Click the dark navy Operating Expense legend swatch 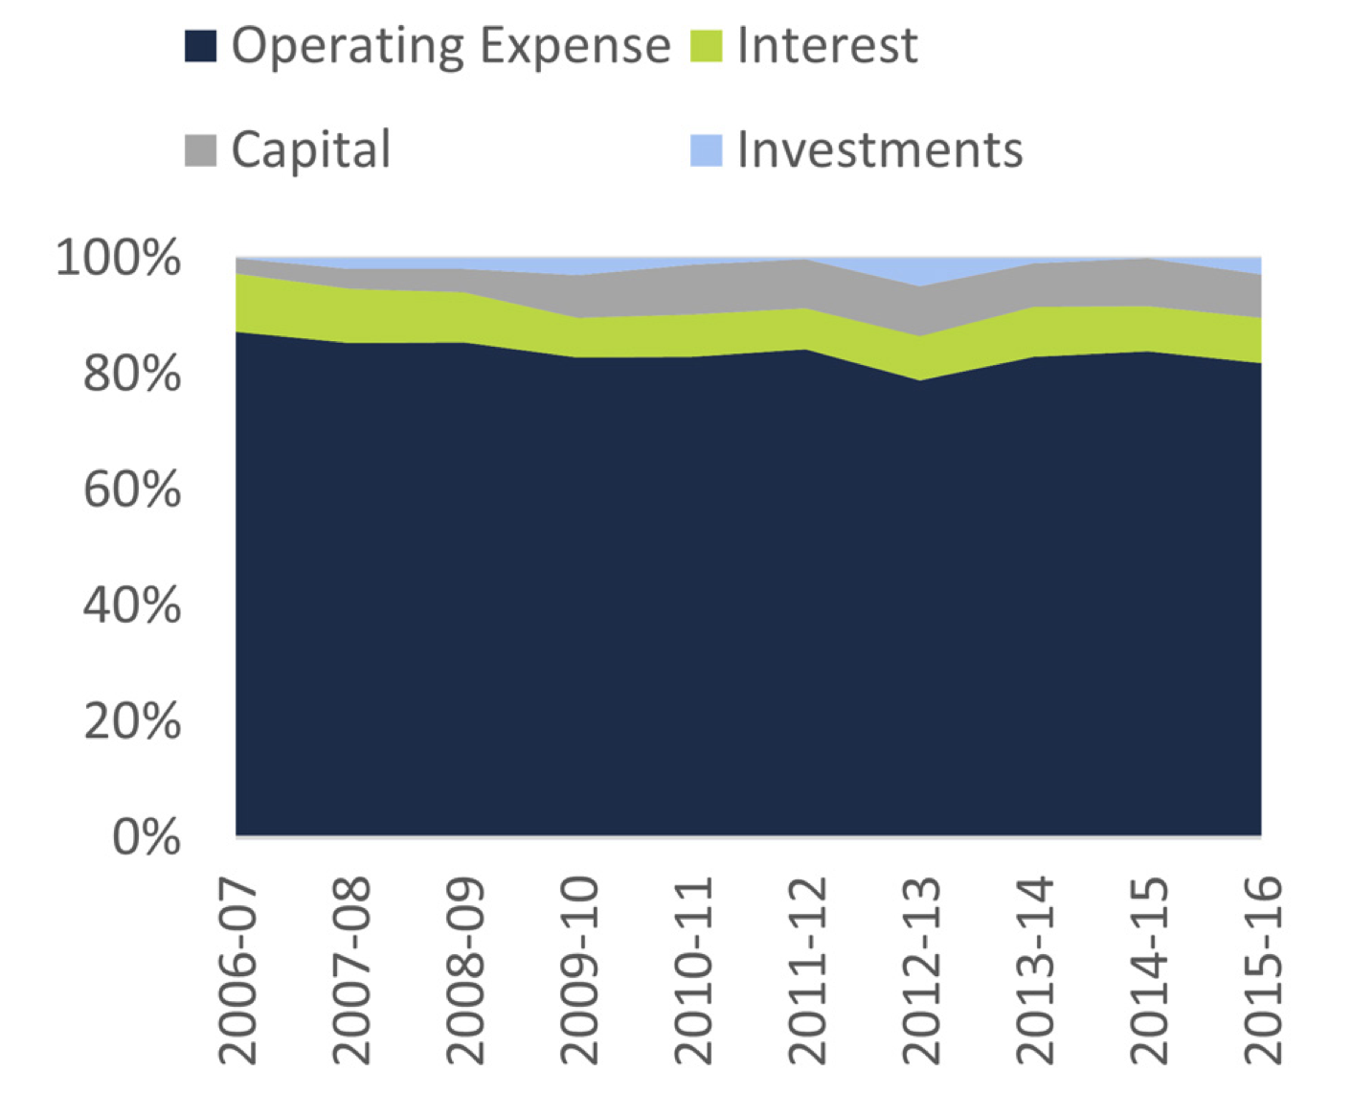click(x=200, y=46)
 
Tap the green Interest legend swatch click(x=706, y=46)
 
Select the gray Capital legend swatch click(x=200, y=150)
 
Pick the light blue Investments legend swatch click(x=706, y=150)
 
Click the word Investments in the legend click(x=879, y=150)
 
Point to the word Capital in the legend click(x=311, y=150)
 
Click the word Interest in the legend click(x=827, y=46)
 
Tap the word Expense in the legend click(x=575, y=46)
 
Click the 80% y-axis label click(x=132, y=375)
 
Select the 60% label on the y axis click(x=132, y=490)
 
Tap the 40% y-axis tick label click(x=132, y=606)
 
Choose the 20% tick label click(x=132, y=722)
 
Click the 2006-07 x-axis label click(x=238, y=969)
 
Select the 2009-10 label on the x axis click(x=578, y=969)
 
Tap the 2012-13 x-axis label click(x=920, y=969)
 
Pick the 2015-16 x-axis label click(x=1261, y=969)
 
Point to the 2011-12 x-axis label click(x=806, y=969)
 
